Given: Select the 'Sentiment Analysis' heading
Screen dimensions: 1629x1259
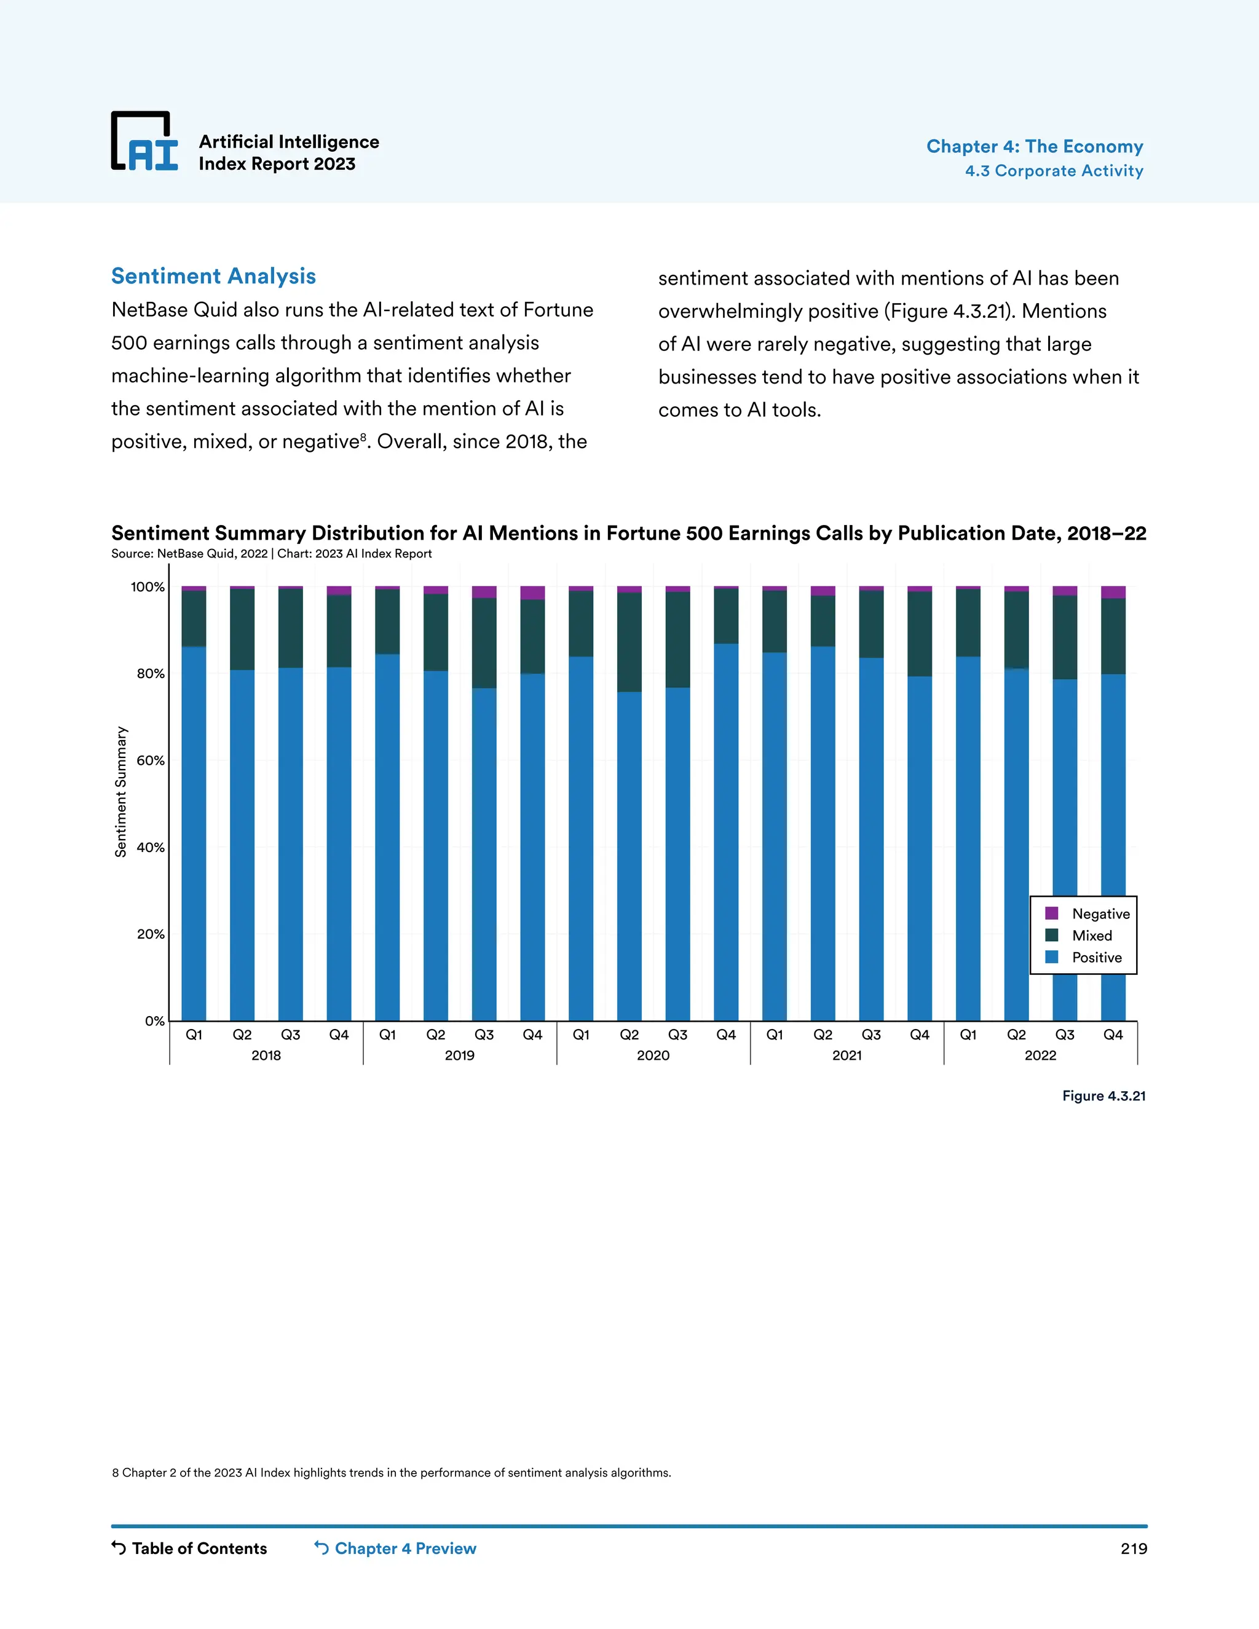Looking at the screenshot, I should click(x=213, y=276).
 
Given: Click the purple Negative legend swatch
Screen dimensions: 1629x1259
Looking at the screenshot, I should click(x=1052, y=913).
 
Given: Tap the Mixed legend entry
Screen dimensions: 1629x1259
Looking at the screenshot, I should click(x=1091, y=936).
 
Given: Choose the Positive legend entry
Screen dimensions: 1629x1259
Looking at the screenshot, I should click(x=1095, y=958).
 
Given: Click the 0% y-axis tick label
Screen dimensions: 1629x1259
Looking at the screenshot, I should click(x=154, y=1021).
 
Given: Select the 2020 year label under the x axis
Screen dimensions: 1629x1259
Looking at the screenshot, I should click(x=653, y=1055).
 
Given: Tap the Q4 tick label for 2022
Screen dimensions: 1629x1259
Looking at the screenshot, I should click(x=1113, y=1035).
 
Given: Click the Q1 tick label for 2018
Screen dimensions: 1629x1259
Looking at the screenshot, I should click(x=194, y=1035).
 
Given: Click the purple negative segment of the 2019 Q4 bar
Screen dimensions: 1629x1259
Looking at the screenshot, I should click(x=532, y=593).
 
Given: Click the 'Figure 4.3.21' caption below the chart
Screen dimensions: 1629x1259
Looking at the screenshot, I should click(x=1104, y=1095).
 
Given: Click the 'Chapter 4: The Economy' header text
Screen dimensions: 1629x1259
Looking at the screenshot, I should click(x=1035, y=146).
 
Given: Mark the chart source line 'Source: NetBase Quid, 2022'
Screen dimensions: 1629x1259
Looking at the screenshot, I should click(x=189, y=553).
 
